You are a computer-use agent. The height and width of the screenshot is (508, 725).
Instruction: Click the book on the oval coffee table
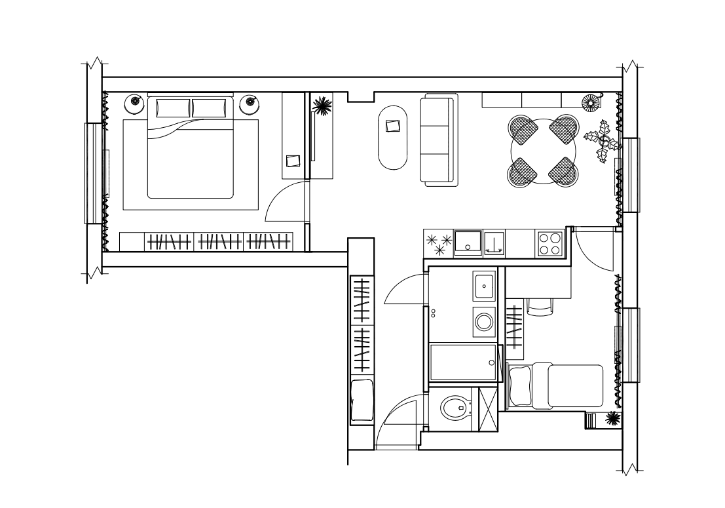(393, 125)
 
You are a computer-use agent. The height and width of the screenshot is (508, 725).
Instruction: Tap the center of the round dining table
(544, 151)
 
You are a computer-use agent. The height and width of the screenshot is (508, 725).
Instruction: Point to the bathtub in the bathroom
(464, 362)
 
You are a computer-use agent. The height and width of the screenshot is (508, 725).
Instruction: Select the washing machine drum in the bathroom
(484, 321)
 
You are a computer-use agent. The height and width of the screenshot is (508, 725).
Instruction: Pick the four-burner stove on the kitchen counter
(549, 244)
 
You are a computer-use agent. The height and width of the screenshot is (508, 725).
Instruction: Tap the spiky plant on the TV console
(321, 106)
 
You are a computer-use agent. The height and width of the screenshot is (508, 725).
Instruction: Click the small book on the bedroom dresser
(293, 160)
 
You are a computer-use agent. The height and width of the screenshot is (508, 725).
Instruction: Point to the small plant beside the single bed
(613, 418)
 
